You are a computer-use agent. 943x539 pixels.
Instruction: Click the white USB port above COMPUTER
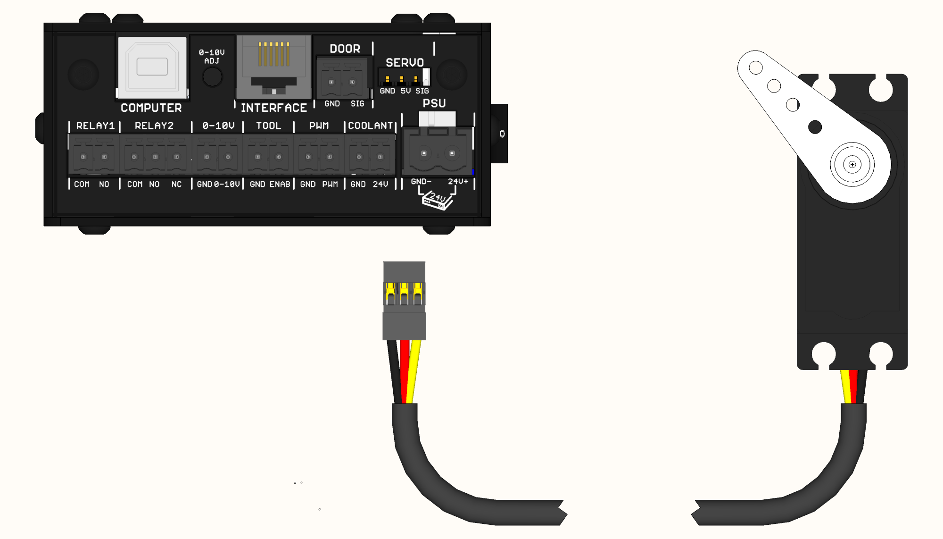152,67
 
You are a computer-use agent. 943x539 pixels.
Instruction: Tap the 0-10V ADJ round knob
212,77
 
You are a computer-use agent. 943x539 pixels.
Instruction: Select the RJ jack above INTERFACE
273,66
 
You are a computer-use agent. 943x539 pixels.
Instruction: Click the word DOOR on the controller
345,49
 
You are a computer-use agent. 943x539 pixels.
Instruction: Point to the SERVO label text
405,62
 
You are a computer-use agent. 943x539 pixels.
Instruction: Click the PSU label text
434,103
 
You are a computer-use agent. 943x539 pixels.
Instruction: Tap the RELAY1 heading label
95,126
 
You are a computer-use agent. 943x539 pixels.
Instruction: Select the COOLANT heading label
370,126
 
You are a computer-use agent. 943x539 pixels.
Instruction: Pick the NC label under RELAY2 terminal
176,184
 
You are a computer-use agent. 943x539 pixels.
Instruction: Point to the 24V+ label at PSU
458,181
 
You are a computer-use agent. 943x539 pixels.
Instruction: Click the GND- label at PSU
421,181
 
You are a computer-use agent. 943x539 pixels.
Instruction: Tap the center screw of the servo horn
852,165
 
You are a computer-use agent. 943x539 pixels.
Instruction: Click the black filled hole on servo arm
815,127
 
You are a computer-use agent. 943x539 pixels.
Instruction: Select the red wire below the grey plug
405,373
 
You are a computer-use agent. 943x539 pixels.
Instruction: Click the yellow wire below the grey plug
414,373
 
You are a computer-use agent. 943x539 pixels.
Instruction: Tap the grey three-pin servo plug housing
404,326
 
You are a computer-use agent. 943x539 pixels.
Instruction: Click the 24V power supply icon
437,200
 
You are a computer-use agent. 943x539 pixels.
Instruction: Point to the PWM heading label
319,126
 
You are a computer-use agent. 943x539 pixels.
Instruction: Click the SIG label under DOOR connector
357,103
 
